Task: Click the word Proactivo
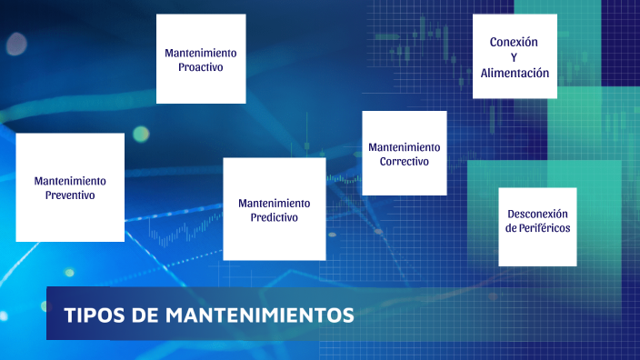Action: pos(201,67)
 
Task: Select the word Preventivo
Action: pos(70,195)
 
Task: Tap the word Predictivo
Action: pos(274,218)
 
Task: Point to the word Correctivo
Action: pos(405,162)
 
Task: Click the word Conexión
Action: pos(514,42)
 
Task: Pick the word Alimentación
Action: pos(515,73)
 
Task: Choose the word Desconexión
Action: pos(538,214)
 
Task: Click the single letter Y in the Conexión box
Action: pos(514,57)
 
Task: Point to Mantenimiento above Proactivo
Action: pos(201,53)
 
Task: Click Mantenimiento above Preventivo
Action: pos(70,181)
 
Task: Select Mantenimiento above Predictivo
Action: pos(274,203)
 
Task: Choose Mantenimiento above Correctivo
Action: pos(405,146)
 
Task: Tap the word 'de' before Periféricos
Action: pos(511,228)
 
